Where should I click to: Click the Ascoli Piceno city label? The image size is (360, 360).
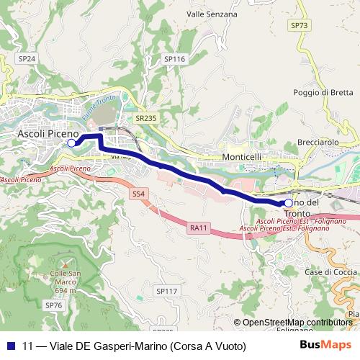pos(48,134)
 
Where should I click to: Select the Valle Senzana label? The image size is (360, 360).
pos(212,14)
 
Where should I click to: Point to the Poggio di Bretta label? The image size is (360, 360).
pos(323,92)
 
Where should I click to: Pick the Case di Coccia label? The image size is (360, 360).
pos(330,271)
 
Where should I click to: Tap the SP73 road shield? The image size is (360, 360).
pos(300,25)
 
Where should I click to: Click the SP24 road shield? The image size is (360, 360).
pos(27,58)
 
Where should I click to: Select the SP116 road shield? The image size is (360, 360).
pos(174,59)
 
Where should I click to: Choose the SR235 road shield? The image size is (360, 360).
pos(145,117)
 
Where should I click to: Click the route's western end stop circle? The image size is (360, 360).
pos(71,143)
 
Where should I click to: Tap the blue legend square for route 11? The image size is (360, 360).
pos(11,346)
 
